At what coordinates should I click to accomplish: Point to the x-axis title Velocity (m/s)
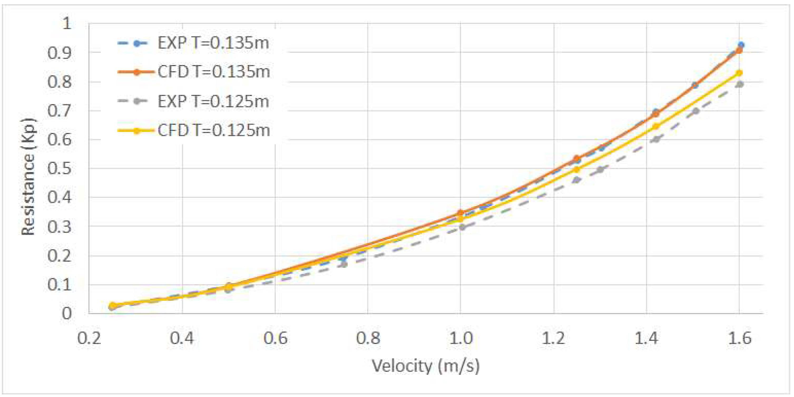pyautogui.click(x=425, y=366)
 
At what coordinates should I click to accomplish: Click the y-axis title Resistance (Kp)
pyautogui.click(x=28, y=177)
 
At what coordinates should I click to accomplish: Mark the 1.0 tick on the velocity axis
pyautogui.click(x=460, y=338)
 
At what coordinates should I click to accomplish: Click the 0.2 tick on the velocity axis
pyautogui.click(x=89, y=338)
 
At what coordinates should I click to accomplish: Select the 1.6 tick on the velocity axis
pyautogui.click(x=739, y=338)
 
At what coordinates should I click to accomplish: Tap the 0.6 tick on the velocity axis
pyautogui.click(x=275, y=338)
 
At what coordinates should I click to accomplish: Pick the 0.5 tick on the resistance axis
pyautogui.click(x=59, y=169)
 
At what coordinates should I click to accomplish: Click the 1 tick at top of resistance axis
pyautogui.click(x=67, y=23)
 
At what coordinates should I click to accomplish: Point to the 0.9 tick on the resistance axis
pyautogui.click(x=59, y=53)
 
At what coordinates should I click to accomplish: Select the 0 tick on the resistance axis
pyautogui.click(x=67, y=314)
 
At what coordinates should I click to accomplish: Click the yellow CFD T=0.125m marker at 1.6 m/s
pyautogui.click(x=739, y=73)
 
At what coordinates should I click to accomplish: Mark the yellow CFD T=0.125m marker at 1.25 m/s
pyautogui.click(x=576, y=169)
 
